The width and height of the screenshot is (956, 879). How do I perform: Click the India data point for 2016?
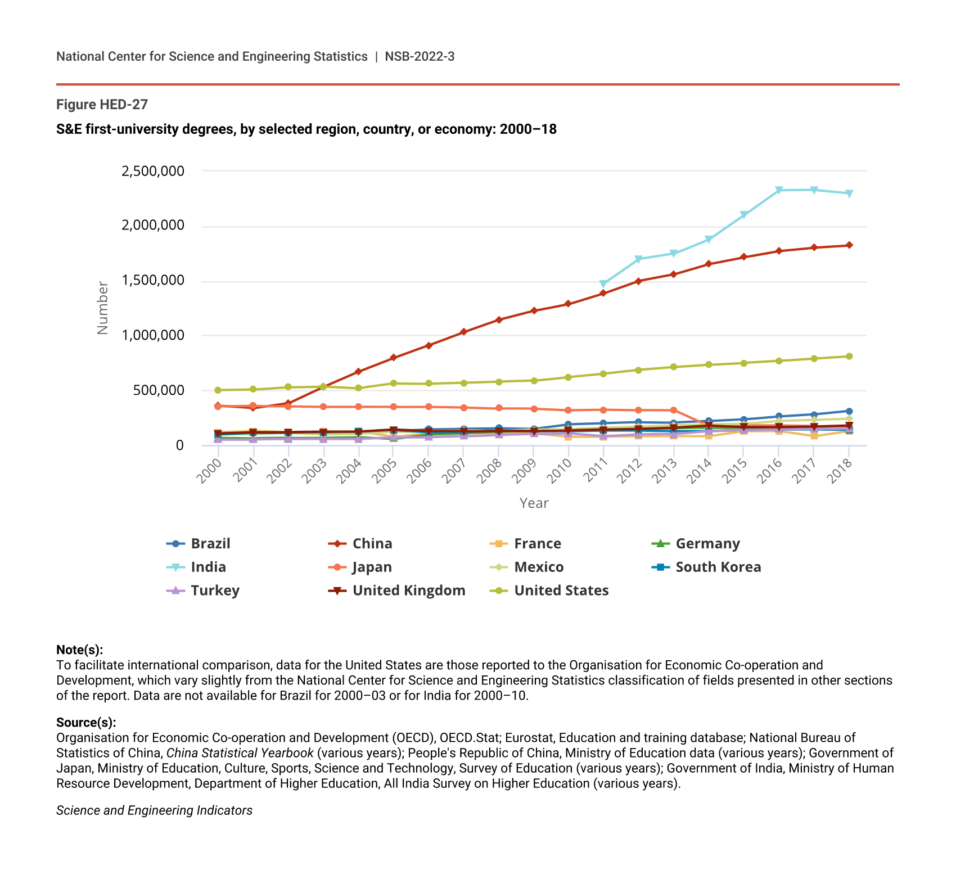pyautogui.click(x=779, y=190)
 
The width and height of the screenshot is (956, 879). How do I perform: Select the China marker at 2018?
pyautogui.click(x=849, y=245)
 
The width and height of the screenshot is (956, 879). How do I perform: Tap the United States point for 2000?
pyautogui.click(x=218, y=390)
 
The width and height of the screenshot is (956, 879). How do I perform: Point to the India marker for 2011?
pyautogui.click(x=603, y=284)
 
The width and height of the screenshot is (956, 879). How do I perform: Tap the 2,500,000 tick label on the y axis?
pyautogui.click(x=153, y=171)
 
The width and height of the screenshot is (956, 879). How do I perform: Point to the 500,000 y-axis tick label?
pyautogui.click(x=159, y=390)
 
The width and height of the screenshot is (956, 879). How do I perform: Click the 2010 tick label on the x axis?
pyautogui.click(x=560, y=471)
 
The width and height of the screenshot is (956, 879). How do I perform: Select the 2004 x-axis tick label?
pyautogui.click(x=349, y=471)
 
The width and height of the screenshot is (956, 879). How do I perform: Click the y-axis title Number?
pyautogui.click(x=102, y=308)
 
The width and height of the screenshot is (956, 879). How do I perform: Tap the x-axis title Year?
pyautogui.click(x=534, y=503)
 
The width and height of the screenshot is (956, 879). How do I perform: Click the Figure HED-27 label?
pyautogui.click(x=102, y=105)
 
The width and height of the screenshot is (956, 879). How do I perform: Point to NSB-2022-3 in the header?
pyautogui.click(x=420, y=56)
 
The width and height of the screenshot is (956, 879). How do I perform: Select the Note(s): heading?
pyautogui.click(x=79, y=650)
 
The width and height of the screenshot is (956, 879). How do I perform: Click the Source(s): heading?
pyautogui.click(x=86, y=722)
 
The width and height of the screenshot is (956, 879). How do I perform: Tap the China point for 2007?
pyautogui.click(x=463, y=332)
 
